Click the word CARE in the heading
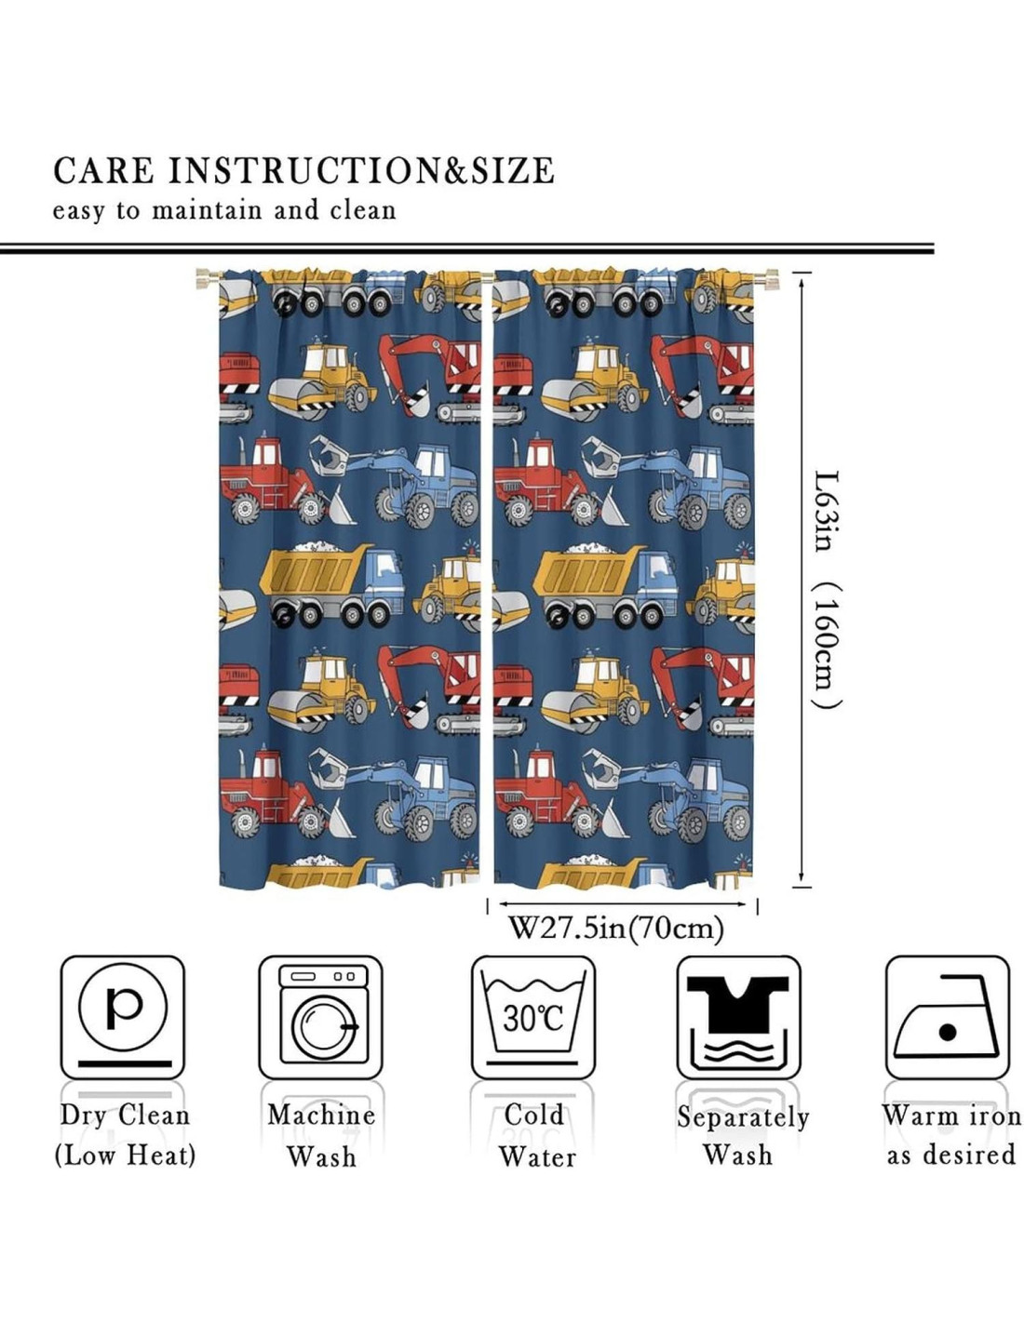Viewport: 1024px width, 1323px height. (103, 171)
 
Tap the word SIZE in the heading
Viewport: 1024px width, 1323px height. (511, 171)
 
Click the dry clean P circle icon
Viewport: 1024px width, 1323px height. (123, 1006)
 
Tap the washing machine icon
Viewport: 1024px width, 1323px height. (321, 1016)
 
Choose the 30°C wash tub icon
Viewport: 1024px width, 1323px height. (532, 1016)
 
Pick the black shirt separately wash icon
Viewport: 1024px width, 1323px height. (738, 1016)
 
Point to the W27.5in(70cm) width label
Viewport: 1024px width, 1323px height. (615, 928)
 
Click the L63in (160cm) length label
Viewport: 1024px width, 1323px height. (825, 590)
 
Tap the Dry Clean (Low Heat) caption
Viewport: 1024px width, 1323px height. (125, 1135)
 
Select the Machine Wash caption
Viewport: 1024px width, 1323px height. (321, 1135)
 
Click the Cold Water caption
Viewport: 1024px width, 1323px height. (535, 1135)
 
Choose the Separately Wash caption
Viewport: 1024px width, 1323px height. (742, 1135)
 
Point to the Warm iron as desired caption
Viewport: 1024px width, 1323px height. (950, 1135)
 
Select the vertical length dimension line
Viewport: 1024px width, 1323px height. (802, 577)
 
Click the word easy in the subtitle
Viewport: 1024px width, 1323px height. (79, 212)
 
